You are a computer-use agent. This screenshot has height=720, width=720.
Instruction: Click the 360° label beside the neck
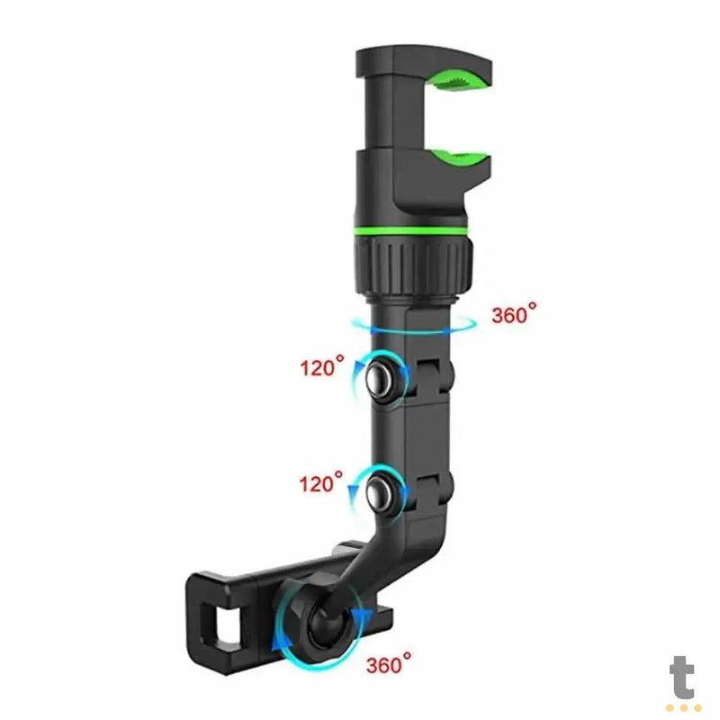(x=514, y=315)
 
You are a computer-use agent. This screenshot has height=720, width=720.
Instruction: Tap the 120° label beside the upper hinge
(x=322, y=367)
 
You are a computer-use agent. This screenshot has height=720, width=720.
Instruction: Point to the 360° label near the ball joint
(x=389, y=665)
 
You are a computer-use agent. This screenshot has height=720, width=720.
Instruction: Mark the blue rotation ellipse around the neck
(x=410, y=326)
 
